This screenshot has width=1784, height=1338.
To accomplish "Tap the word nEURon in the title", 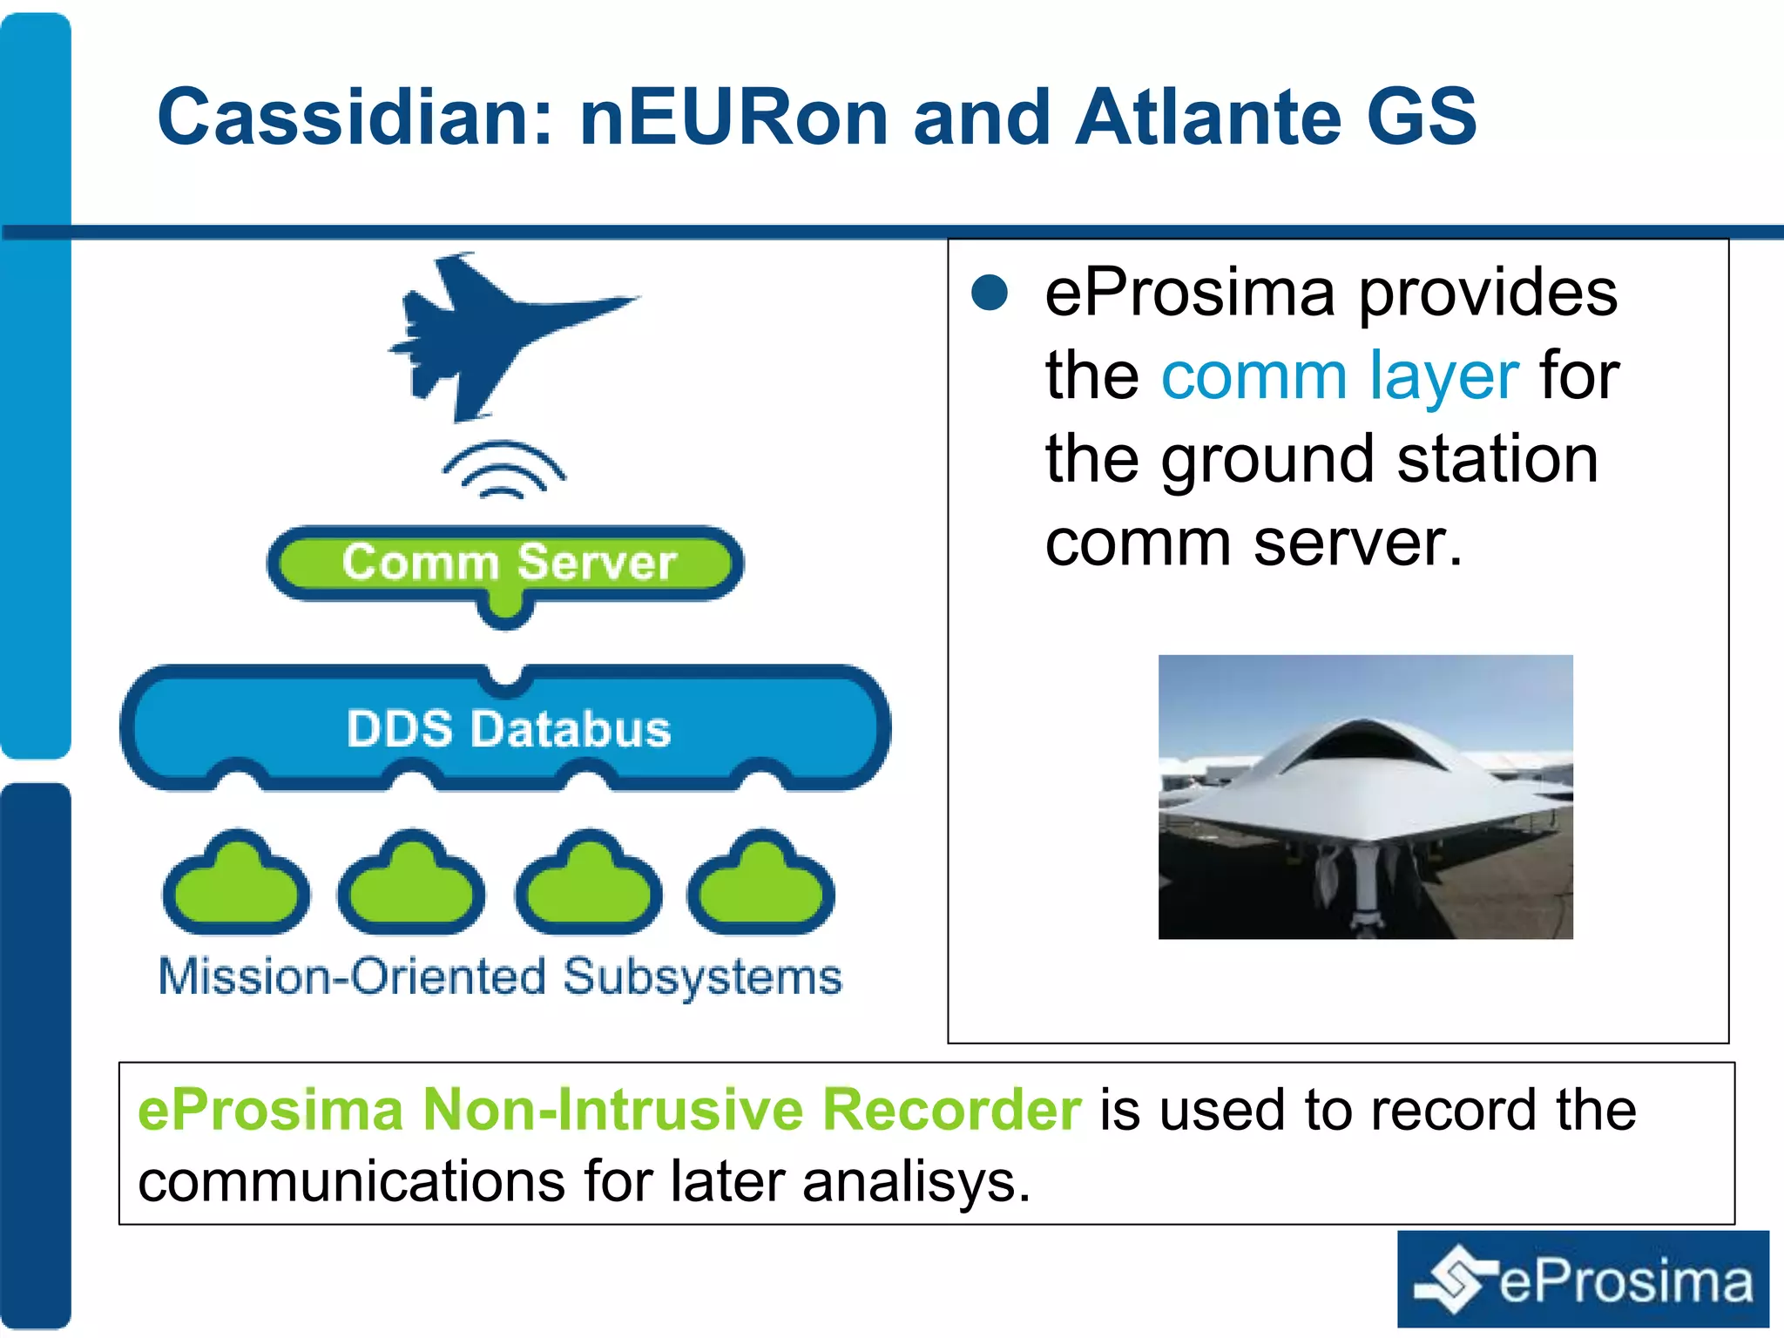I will click(x=733, y=118).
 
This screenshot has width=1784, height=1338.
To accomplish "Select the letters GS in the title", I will click(x=1420, y=118).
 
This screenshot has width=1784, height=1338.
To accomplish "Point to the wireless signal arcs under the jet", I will click(x=503, y=470).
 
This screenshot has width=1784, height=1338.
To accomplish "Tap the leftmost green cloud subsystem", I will click(x=236, y=887).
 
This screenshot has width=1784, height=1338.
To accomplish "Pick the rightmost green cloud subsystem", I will click(x=761, y=887).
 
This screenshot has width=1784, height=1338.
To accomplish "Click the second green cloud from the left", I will click(x=411, y=887).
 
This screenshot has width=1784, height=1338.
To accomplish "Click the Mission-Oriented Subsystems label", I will click(x=500, y=977).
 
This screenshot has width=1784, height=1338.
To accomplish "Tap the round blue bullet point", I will click(x=990, y=293).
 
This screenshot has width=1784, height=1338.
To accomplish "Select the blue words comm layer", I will click(x=1340, y=376).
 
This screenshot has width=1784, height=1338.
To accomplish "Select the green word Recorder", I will click(x=951, y=1110).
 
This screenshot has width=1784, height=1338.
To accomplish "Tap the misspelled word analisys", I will click(x=916, y=1182).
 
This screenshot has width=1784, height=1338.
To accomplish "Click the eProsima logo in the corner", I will click(x=1583, y=1280).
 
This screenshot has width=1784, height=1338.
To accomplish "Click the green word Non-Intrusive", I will click(x=612, y=1110).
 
